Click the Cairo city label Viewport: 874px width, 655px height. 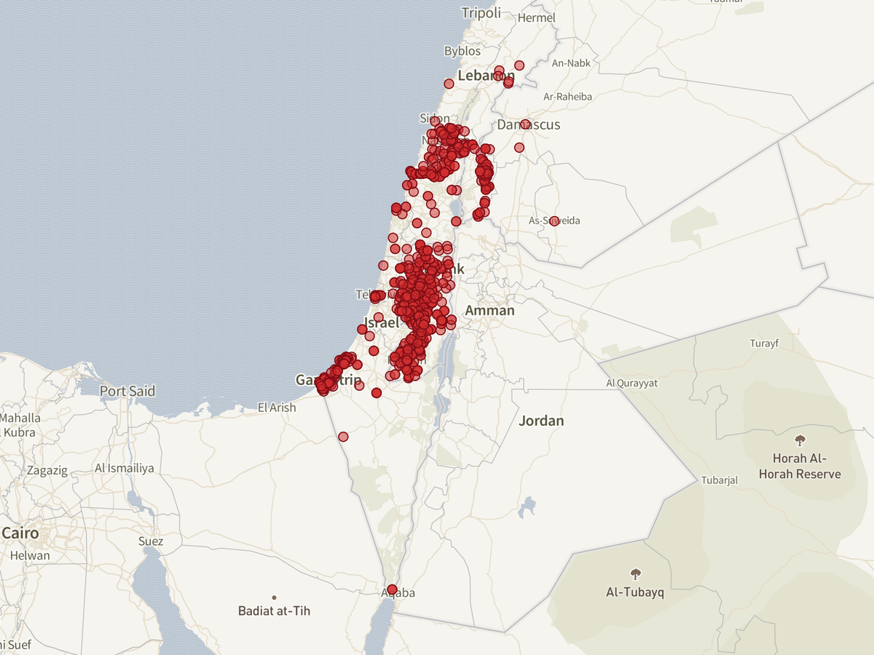point(20,533)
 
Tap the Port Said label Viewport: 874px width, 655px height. point(127,391)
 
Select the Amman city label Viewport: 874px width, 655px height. point(489,311)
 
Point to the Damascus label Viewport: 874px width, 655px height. point(529,124)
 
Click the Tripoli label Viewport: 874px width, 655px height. point(481,12)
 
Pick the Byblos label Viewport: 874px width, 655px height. point(462,51)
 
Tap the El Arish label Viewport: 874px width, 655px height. point(277,408)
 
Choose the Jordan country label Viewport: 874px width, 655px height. point(541,421)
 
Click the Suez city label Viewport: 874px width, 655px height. point(151,541)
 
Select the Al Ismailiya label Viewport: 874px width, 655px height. point(125,468)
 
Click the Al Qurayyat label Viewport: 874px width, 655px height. point(631,383)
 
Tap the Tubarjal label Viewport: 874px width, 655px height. point(720,480)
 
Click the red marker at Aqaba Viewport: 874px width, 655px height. point(392,589)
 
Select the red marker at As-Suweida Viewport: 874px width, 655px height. point(554,221)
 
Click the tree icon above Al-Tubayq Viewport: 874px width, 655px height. point(635,573)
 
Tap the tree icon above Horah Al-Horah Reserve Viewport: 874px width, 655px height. point(800,440)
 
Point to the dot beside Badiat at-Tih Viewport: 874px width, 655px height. point(274,598)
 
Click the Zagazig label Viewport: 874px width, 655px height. point(47,470)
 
